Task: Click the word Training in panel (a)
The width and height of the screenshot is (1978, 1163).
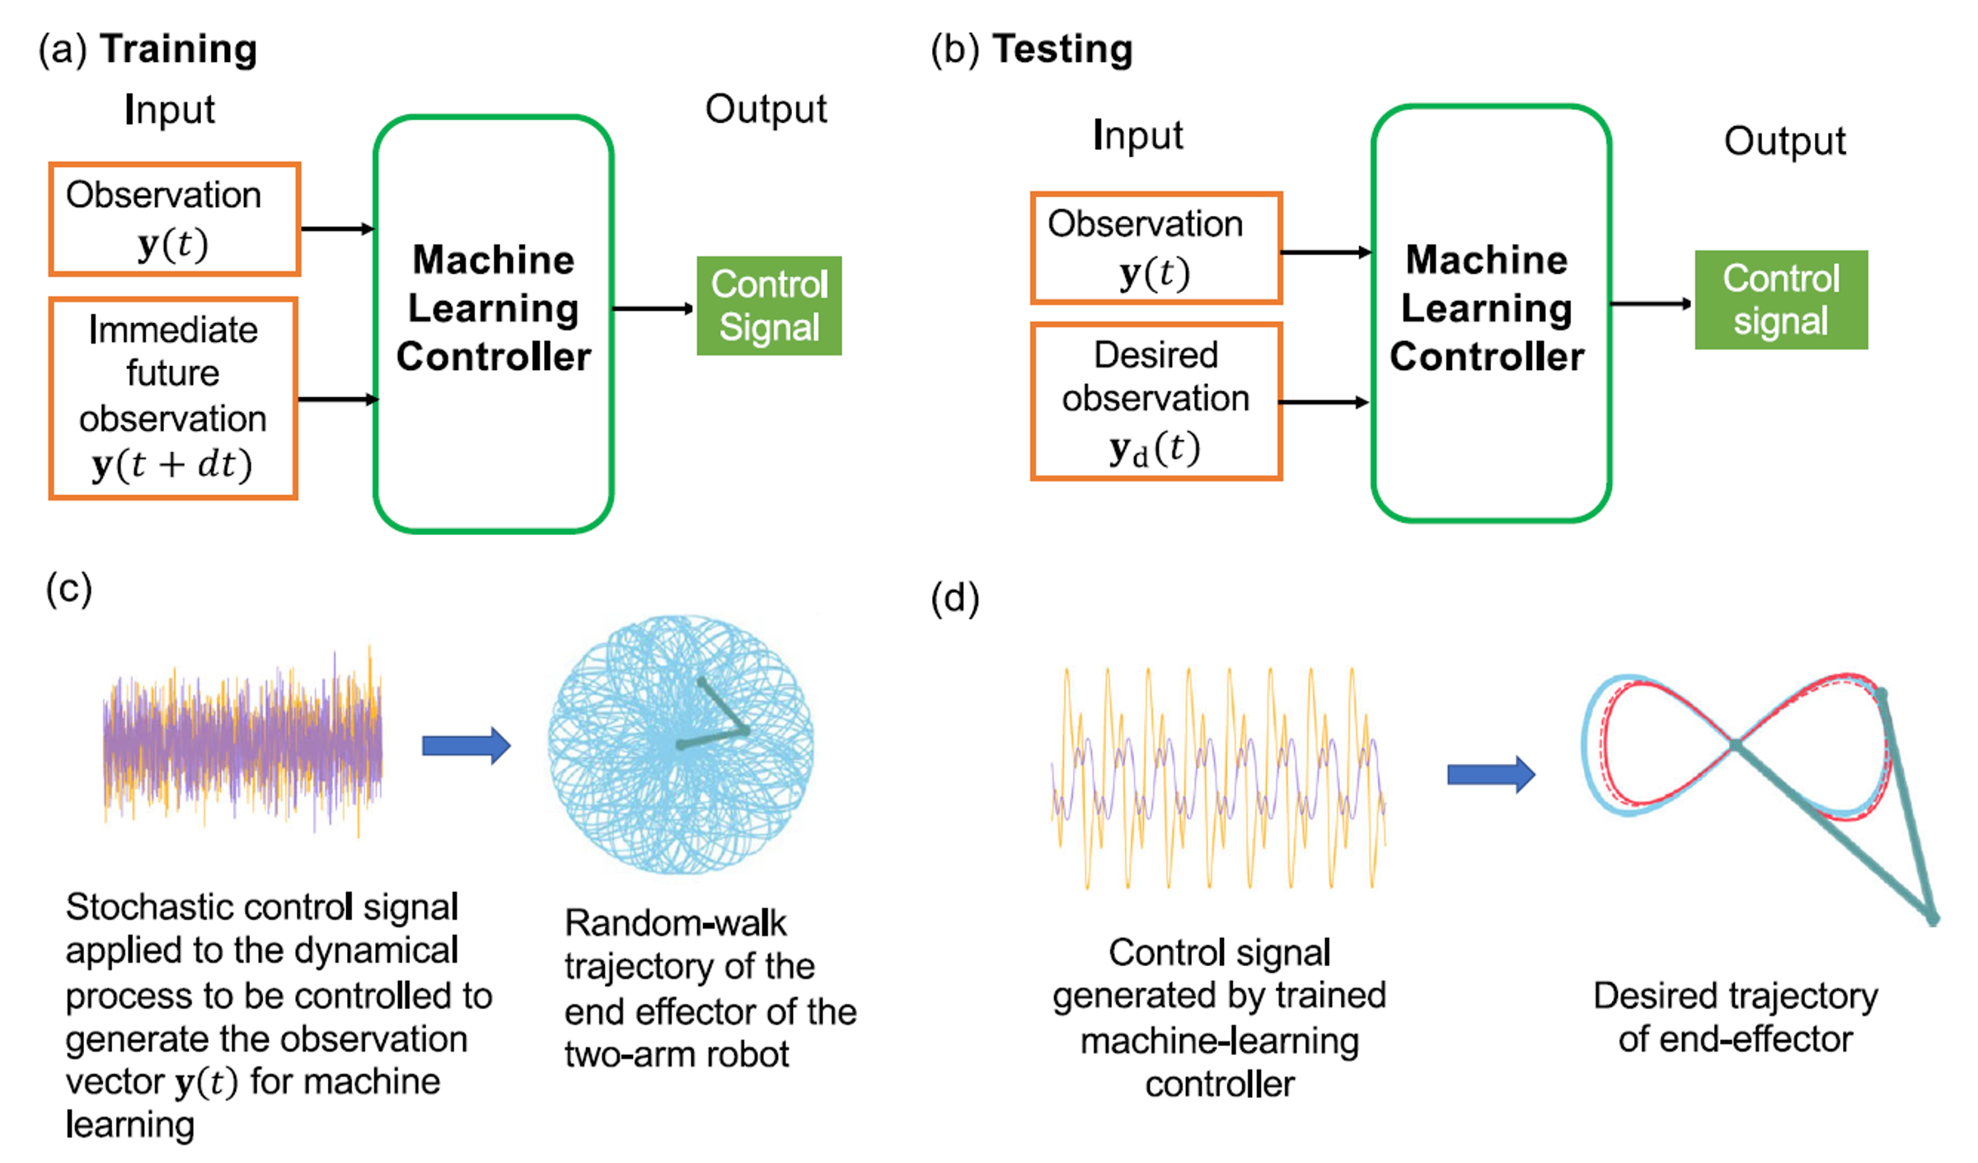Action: [178, 49]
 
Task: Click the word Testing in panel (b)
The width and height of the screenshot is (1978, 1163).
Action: [1062, 49]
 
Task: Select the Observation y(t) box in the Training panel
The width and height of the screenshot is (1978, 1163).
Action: [174, 219]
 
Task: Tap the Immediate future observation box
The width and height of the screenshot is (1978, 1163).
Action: [173, 399]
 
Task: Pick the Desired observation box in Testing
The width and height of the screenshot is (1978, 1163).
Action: [1156, 401]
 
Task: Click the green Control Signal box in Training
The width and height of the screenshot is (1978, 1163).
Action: [769, 306]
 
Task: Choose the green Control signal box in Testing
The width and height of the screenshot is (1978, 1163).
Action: [1781, 300]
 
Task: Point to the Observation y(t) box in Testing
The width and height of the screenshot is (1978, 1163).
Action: [1156, 249]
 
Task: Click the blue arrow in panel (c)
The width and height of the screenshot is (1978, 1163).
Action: [466, 746]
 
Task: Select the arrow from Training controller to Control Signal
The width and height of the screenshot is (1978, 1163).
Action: [654, 309]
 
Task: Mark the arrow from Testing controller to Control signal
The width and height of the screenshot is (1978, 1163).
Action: [1651, 304]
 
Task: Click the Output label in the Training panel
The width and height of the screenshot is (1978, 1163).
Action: [766, 110]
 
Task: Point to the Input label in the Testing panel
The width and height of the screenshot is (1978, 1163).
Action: [1137, 135]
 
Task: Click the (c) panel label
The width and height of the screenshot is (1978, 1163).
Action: [68, 589]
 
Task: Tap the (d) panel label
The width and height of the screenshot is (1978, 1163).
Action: [954, 598]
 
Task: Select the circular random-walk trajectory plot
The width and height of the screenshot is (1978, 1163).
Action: [681, 744]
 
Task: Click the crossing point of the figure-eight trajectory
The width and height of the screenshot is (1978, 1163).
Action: [1735, 745]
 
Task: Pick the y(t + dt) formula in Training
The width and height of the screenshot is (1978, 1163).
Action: [171, 465]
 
